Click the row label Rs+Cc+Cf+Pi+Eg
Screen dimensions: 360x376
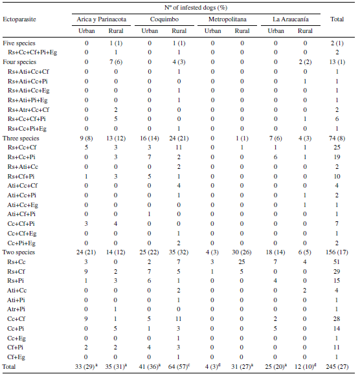click(x=32, y=51)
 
